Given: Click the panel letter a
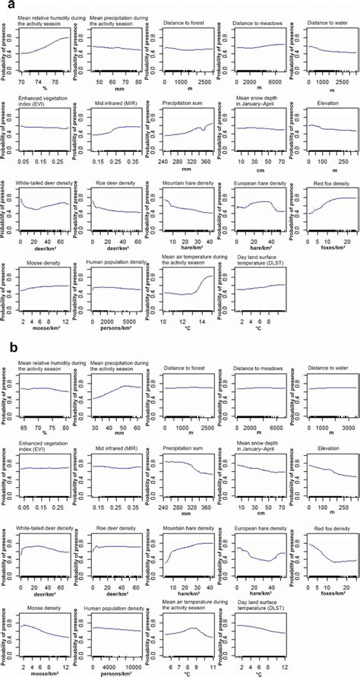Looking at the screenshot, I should [x=7, y=6].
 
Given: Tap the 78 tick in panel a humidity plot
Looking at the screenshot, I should [x=58, y=79].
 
